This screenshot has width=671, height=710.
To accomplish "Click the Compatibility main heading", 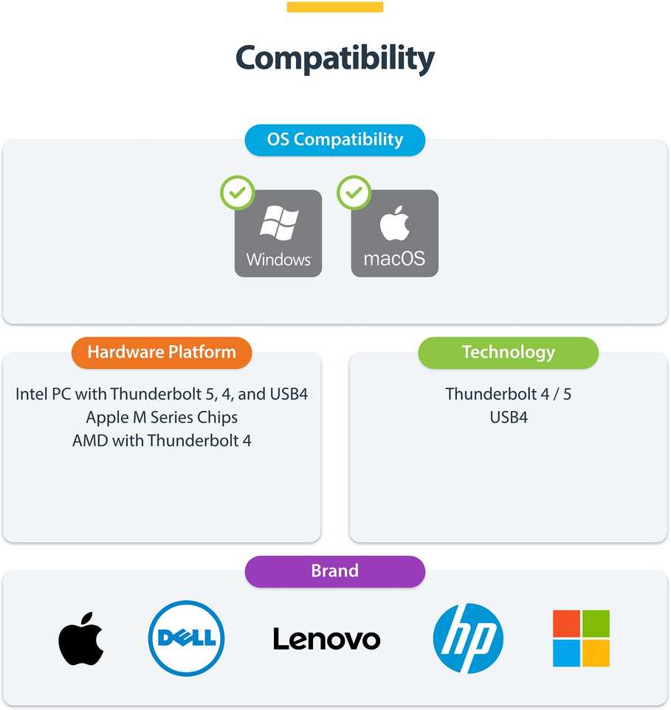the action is [335, 58].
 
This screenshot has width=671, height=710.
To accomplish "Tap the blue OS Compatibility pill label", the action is [335, 140].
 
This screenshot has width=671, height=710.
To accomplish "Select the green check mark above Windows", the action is [237, 193].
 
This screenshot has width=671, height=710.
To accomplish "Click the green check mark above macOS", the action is [354, 193].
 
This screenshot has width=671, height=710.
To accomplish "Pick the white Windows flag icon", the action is [279, 222].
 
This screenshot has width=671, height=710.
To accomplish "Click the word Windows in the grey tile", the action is [279, 260].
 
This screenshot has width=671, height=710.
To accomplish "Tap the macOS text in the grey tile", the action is [394, 258].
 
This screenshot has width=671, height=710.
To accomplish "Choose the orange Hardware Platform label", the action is [162, 352].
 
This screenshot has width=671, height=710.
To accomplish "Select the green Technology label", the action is [509, 352].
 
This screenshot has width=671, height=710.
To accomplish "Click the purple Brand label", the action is [335, 571].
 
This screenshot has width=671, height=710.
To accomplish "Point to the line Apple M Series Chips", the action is [162, 418].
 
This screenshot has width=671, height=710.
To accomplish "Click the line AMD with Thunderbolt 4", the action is [162, 441].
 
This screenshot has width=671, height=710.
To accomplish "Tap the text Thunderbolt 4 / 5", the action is [509, 394].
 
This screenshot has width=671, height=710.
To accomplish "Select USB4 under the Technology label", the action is [509, 417].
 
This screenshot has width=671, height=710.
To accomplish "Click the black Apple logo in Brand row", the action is [81, 639].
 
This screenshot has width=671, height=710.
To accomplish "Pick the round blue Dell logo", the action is [186, 638].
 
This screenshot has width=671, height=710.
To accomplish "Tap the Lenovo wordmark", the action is [327, 639].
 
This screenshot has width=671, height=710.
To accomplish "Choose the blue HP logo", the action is [468, 638].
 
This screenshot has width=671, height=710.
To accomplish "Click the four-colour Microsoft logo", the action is [582, 638].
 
